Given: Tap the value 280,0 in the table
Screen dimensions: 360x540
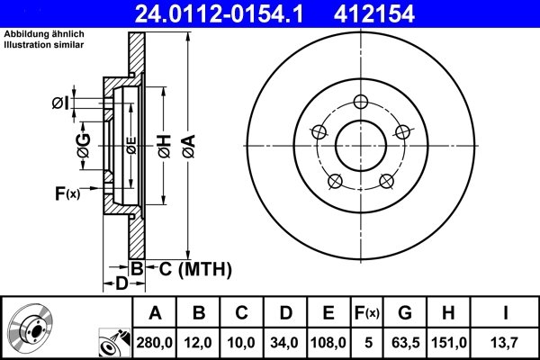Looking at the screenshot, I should (155, 342).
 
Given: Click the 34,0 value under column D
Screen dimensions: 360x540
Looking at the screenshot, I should (285, 342).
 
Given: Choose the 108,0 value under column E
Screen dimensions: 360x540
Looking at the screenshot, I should (329, 342).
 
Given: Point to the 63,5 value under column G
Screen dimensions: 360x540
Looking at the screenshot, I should (406, 342).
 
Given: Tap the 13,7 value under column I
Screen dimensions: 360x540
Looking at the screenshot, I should (505, 342).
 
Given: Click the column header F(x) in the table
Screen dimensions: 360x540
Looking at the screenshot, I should (367, 313).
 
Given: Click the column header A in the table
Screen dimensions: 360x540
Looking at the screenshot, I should (155, 313).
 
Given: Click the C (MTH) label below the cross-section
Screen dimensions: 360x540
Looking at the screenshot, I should (191, 268).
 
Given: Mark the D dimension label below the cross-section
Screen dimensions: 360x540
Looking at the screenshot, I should (121, 284).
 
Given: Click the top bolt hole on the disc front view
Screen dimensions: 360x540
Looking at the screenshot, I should (362, 101).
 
